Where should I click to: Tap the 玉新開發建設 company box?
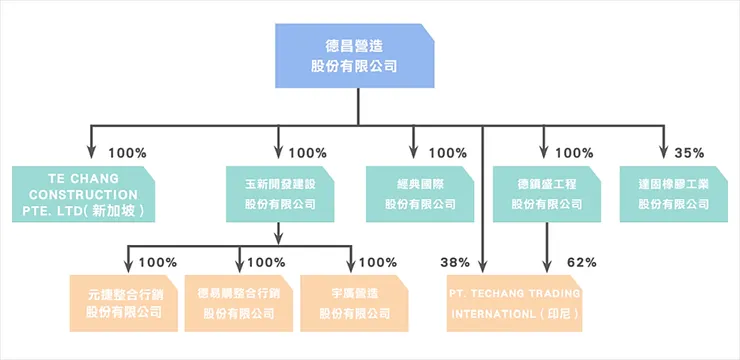[279, 194]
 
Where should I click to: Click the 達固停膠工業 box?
[673, 194]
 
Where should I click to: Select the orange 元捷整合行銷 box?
[124, 303]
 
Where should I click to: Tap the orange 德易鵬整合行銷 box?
[239, 303]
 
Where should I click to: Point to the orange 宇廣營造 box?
[354, 303]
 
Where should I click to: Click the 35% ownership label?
[689, 153]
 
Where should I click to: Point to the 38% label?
[455, 262]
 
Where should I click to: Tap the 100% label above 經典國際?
[447, 153]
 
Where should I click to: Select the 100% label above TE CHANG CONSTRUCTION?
[126, 153]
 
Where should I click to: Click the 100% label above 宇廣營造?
[377, 262]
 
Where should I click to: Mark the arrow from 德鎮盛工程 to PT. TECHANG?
[547, 245]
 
